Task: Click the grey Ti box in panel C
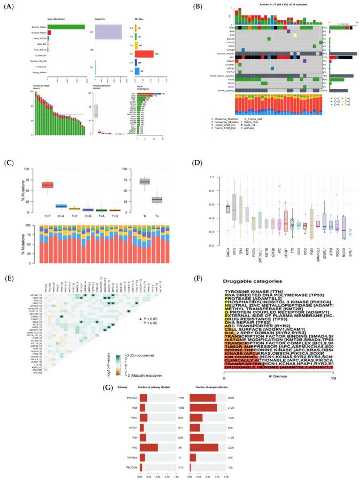pos(144,181)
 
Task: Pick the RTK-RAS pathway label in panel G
pos(128,411)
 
